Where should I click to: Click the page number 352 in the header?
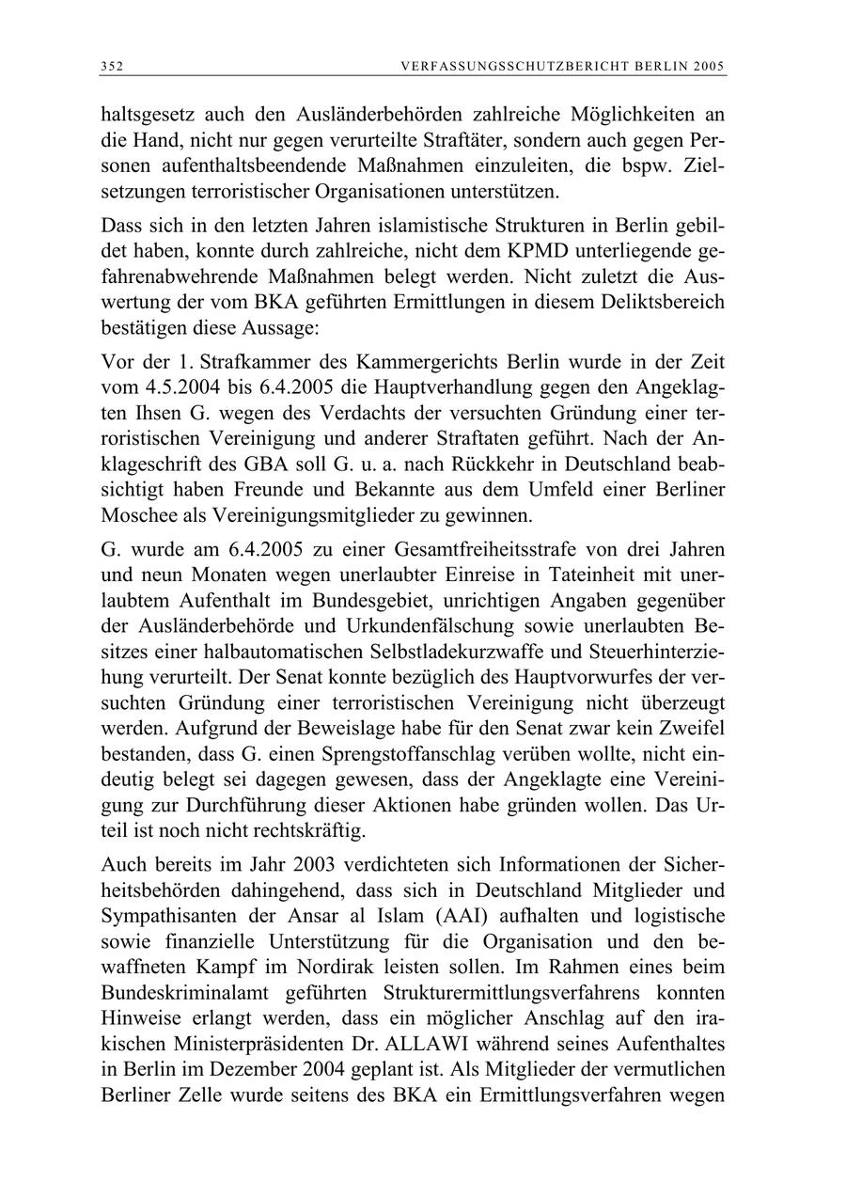pos(112,66)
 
